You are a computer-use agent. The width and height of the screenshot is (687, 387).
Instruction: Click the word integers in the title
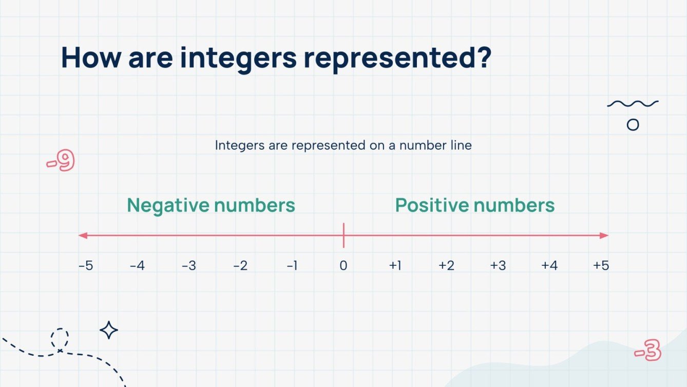238,58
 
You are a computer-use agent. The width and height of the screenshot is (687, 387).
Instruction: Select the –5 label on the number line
86,266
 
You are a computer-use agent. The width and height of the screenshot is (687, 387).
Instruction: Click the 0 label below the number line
343,266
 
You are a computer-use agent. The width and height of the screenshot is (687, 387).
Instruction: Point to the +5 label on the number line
601,266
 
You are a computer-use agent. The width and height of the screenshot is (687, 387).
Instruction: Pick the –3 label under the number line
188,266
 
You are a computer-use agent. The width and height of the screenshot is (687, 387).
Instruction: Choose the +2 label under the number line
446,266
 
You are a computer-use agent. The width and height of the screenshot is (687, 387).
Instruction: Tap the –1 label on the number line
292,266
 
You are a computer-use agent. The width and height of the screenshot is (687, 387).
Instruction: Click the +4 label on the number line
549,266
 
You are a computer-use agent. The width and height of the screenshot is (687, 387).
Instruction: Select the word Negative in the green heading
168,206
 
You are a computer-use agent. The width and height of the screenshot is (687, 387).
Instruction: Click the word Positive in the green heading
432,206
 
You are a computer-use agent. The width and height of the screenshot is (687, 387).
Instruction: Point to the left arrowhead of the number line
82,235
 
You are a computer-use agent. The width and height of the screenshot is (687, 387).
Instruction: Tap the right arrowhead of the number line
604,235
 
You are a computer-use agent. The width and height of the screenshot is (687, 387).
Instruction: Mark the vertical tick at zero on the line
343,235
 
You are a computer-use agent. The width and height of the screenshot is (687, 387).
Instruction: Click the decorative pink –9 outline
61,161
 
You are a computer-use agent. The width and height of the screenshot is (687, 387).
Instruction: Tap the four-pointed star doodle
109,330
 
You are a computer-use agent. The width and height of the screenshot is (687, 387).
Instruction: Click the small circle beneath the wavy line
633,125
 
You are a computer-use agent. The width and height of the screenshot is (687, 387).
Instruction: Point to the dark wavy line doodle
633,104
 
